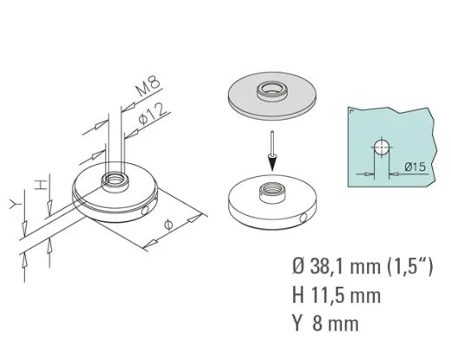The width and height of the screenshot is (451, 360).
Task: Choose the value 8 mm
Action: pyautogui.click(x=337, y=324)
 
